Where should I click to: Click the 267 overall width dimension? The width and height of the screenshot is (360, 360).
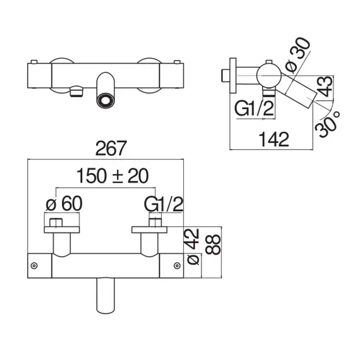111,148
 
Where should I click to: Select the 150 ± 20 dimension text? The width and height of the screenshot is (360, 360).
112,176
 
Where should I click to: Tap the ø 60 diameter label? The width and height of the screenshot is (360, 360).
64,203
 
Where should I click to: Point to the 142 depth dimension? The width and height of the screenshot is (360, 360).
273,140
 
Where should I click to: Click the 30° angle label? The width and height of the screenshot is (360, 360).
327,124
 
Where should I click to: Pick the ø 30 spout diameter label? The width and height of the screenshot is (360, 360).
297,55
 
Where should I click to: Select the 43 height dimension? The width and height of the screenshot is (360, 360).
325,87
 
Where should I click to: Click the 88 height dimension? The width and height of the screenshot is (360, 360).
213,244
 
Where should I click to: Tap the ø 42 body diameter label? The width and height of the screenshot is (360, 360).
193,247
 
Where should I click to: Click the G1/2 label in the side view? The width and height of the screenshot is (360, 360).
254,109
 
